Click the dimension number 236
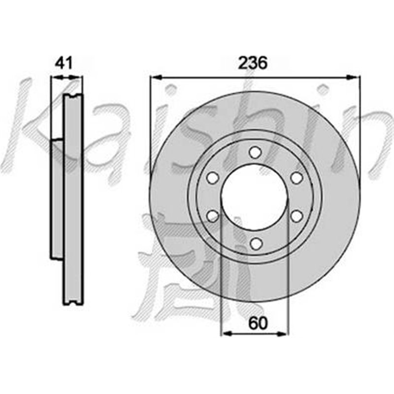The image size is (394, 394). coord(253,64)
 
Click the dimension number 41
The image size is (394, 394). coord(64,64)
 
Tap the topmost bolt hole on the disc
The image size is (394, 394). coord(254,152)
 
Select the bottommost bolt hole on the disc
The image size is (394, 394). coord(254,243)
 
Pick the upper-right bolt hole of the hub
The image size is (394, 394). coord(295,178)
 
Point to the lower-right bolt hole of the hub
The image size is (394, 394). coord(295,216)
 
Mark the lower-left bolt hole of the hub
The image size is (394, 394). coord(213,216)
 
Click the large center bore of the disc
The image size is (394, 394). coord(254,197)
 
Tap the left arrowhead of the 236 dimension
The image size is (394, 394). coord(154,77)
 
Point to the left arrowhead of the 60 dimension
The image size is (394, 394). coord(226,334)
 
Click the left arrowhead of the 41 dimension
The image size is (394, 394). coord(55,77)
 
